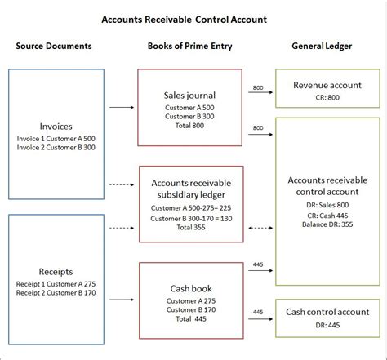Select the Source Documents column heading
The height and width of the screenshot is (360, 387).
pos(53,46)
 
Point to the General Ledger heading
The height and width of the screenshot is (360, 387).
pos(324,46)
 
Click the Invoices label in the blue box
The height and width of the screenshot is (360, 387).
pos(56,127)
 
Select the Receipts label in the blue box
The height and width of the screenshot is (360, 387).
pos(56,271)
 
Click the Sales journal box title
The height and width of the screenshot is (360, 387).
pos(189,95)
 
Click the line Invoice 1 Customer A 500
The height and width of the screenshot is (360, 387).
pos(56,139)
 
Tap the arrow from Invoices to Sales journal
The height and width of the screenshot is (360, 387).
pos(121,107)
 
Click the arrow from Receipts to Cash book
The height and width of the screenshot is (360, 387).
pos(121,289)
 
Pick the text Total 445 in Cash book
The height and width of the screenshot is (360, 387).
pos(189,318)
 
